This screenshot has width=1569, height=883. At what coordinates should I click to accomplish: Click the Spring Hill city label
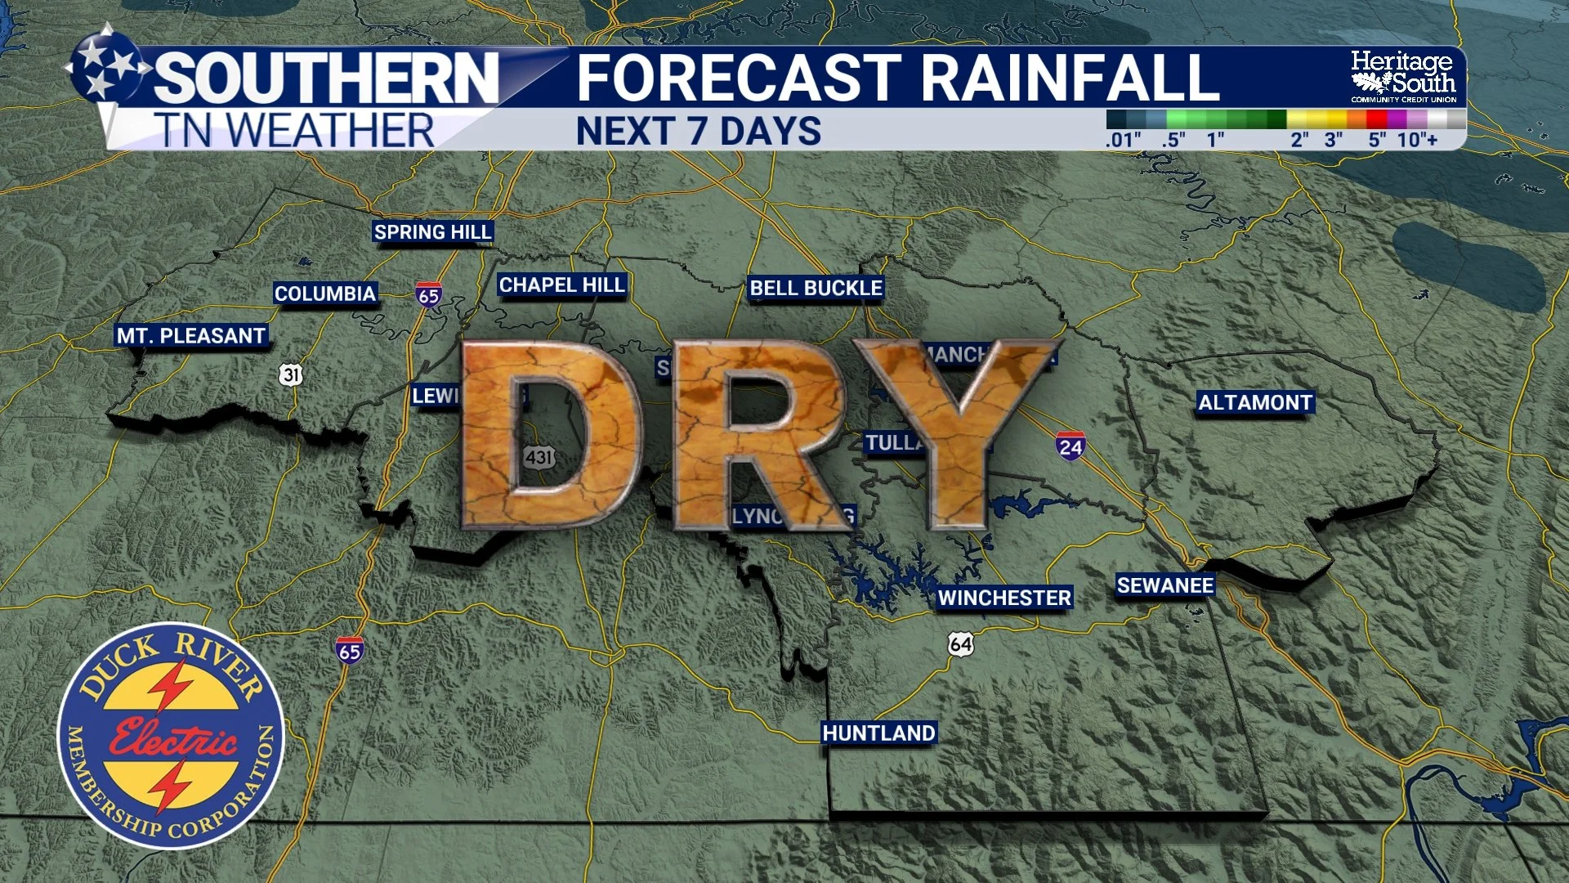pos(432,232)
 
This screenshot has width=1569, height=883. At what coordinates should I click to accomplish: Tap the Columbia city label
pos(324,294)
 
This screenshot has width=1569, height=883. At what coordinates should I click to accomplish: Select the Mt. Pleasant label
pos(191,336)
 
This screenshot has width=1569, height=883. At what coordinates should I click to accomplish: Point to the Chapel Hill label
pos(561,285)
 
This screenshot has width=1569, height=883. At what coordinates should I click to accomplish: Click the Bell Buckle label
pos(816,288)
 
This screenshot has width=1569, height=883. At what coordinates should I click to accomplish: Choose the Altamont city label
pos(1255,402)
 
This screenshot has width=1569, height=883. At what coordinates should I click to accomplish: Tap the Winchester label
pos(1004,598)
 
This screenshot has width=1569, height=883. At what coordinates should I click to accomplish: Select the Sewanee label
pos(1165,585)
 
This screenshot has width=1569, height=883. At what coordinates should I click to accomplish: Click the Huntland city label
pos(878,733)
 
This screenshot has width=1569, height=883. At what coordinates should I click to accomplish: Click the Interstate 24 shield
pos(1070,446)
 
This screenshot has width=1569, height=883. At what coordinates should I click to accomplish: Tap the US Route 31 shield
pos(291,374)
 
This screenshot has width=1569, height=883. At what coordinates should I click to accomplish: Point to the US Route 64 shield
pos(961,644)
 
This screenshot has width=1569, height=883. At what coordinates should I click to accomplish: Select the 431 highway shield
pos(539,457)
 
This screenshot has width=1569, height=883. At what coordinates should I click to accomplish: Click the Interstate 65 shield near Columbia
pos(428,295)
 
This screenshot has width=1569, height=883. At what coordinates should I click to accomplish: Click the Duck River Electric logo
pos(171,736)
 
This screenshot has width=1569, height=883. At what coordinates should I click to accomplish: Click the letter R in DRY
pos(756,433)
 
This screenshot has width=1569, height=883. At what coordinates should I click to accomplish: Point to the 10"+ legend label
pos(1417,140)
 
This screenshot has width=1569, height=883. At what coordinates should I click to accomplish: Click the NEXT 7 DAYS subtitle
pos(699,132)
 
